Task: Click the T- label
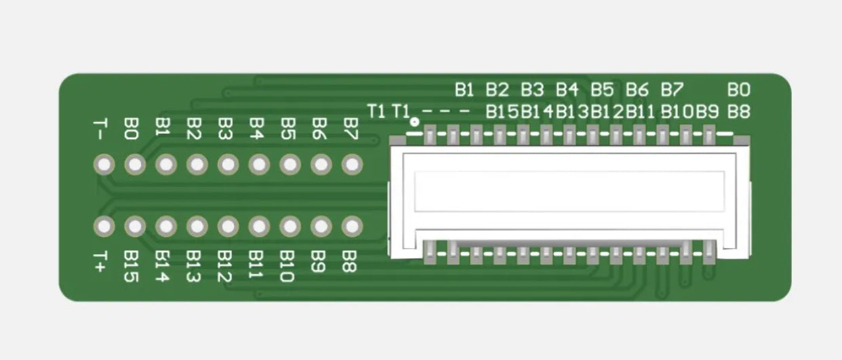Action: [x=100, y=129]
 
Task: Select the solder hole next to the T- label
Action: [x=104, y=165]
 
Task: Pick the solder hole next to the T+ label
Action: [x=104, y=226]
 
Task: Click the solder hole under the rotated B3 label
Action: [x=228, y=165]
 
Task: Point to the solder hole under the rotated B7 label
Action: [x=352, y=165]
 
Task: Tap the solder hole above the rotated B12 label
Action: [x=228, y=226]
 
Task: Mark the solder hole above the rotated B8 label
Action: [x=352, y=226]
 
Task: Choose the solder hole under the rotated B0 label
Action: [x=135, y=165]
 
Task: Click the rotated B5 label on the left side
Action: [x=289, y=129]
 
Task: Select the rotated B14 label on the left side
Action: [x=162, y=266]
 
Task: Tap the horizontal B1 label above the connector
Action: [x=465, y=89]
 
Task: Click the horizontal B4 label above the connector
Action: [x=567, y=89]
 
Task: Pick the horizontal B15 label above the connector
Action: [x=502, y=112]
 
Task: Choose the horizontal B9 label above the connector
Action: [x=707, y=112]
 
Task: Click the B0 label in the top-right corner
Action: [x=739, y=89]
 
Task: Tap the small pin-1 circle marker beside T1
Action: [x=415, y=123]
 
